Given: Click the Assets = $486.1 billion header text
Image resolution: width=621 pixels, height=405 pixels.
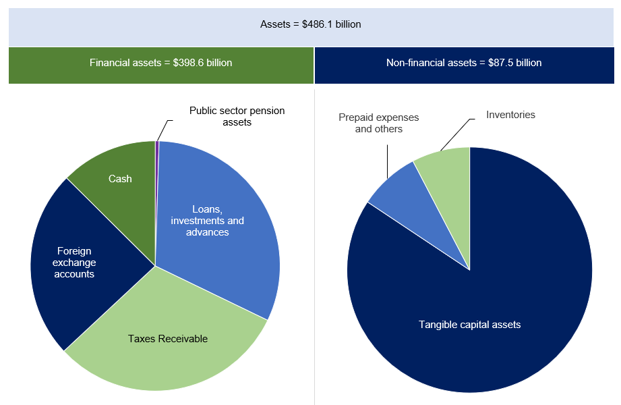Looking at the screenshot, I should click(310, 24).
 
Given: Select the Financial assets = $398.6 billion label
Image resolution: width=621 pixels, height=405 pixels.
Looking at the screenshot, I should click(160, 63).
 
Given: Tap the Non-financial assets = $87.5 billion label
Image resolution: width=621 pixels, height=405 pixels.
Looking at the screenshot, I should click(463, 63).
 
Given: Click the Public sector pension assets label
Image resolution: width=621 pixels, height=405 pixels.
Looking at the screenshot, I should click(237, 116).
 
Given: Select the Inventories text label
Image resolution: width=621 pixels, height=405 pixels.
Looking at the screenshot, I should click(510, 115).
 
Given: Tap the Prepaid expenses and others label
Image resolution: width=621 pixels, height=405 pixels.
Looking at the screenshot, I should click(378, 123).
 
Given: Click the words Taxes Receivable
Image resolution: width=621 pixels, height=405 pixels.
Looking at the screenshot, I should click(167, 338).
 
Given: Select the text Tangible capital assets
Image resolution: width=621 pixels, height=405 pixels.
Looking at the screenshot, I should click(469, 325).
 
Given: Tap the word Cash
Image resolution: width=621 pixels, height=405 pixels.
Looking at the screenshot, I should click(120, 179).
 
